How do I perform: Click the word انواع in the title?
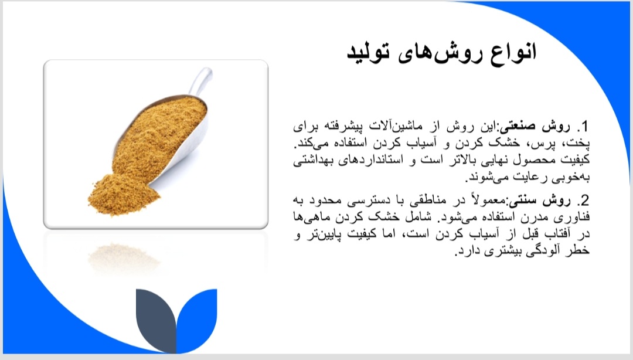[513, 53]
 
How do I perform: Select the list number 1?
[583, 127]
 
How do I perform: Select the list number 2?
[583, 201]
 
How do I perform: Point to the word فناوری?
[575, 218]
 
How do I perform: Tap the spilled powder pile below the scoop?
[122, 195]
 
